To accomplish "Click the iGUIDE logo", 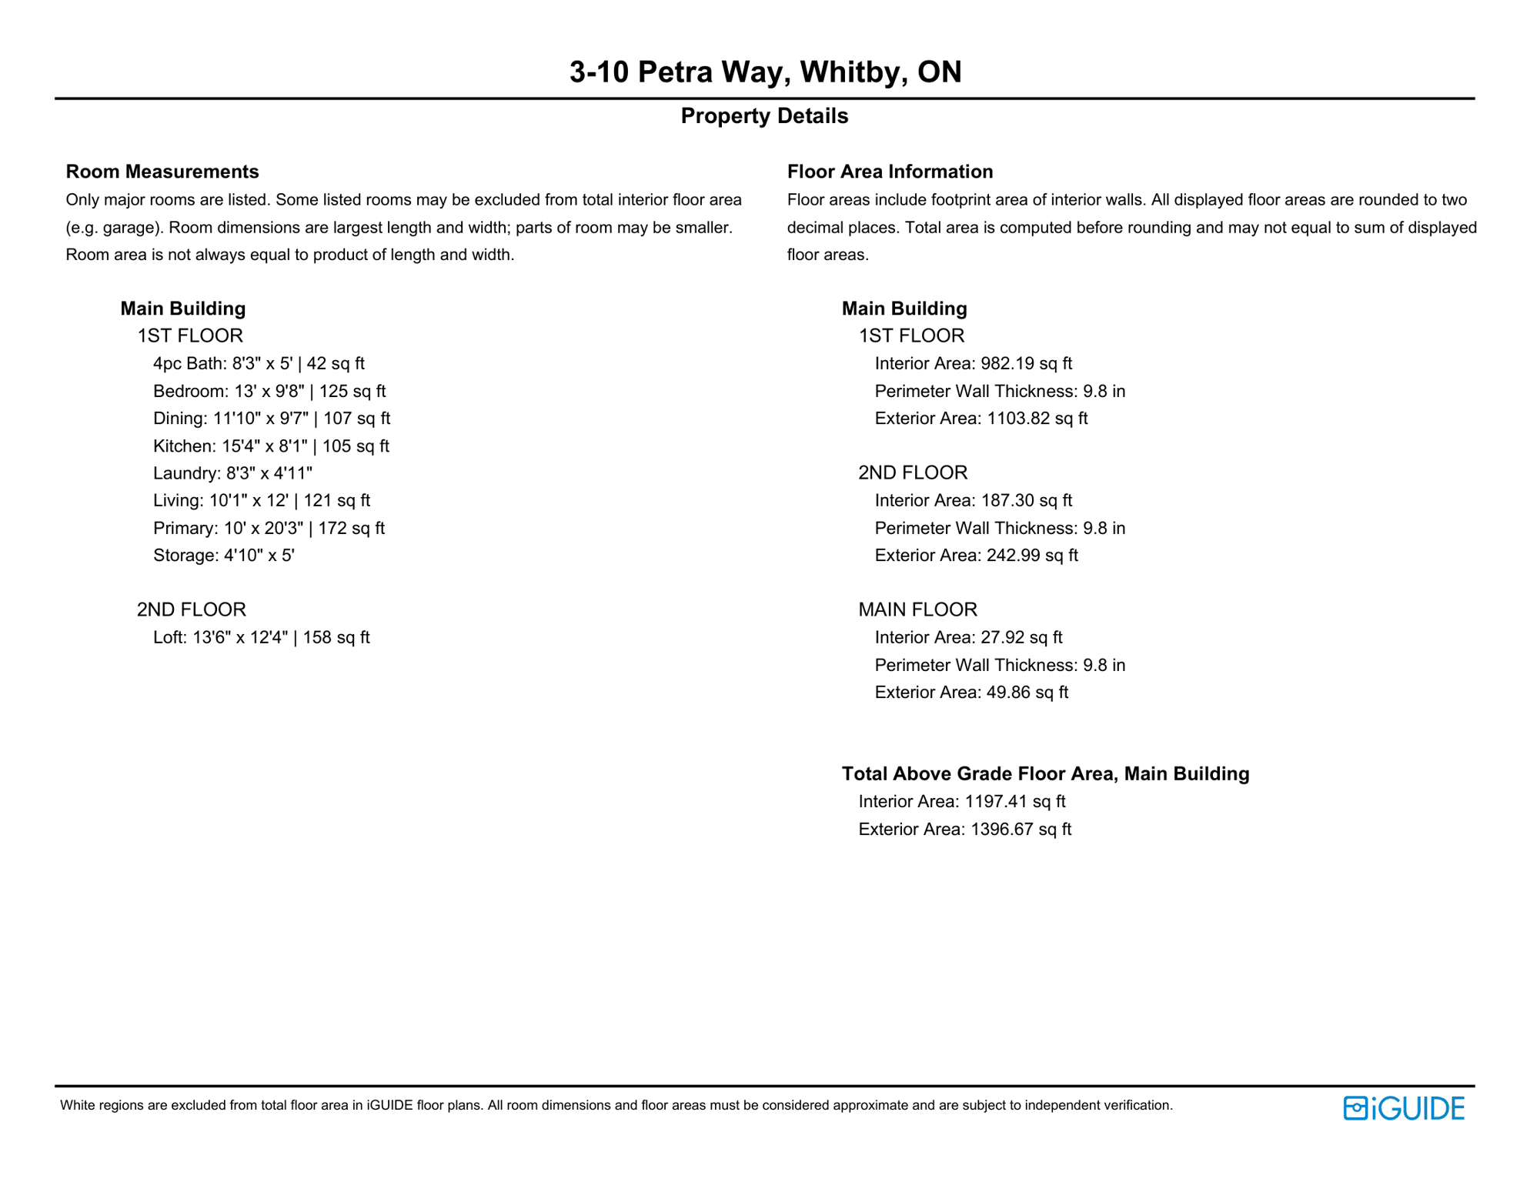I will [1403, 1108].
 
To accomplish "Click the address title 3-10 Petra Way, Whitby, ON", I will [765, 72].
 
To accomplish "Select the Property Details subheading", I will [764, 116].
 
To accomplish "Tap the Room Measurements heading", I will [162, 172].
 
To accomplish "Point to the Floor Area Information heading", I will [890, 172].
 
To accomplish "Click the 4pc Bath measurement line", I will [259, 363].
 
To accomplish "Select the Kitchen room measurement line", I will [271, 446].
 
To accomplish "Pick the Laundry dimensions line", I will [232, 473].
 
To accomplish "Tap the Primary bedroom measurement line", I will [269, 528].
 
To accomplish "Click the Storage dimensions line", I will [224, 556].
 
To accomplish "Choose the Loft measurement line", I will [261, 637].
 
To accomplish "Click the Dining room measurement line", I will [272, 419].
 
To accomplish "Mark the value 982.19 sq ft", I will [1026, 363].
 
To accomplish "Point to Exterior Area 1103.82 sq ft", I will [980, 419].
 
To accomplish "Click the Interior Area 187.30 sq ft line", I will [973, 500].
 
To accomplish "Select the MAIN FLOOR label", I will [917, 609].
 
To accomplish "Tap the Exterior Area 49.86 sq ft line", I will [971, 692].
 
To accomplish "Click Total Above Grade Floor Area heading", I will [1045, 773].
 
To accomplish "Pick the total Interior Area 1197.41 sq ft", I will [961, 801].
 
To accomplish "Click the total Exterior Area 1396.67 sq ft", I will [964, 829].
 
